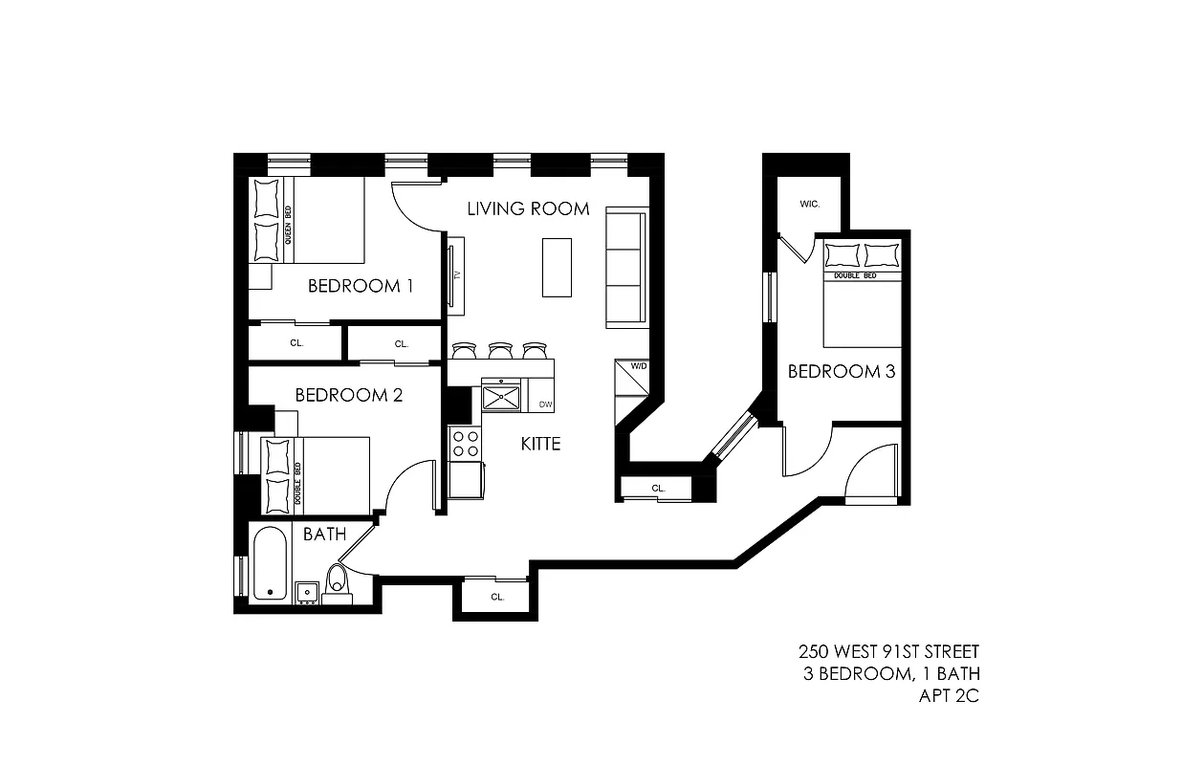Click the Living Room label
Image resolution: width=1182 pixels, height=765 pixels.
528,208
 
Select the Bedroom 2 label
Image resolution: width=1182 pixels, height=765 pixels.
348,394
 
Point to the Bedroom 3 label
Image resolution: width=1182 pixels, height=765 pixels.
841,371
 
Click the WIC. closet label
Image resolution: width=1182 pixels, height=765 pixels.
810,205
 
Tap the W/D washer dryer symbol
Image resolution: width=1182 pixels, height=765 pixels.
631,377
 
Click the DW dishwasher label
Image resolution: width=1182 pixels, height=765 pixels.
545,404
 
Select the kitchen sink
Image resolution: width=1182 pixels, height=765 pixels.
502,395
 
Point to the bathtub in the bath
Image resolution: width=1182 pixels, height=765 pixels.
270,563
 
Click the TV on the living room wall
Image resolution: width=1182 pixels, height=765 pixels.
456,275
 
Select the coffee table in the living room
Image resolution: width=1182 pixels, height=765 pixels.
558,267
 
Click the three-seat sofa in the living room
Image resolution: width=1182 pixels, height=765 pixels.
625,268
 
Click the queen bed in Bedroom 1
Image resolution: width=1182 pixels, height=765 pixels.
308,221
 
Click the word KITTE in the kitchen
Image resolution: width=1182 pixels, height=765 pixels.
540,444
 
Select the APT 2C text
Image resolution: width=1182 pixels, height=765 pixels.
948,695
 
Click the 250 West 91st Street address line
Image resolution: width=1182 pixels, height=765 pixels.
888,652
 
